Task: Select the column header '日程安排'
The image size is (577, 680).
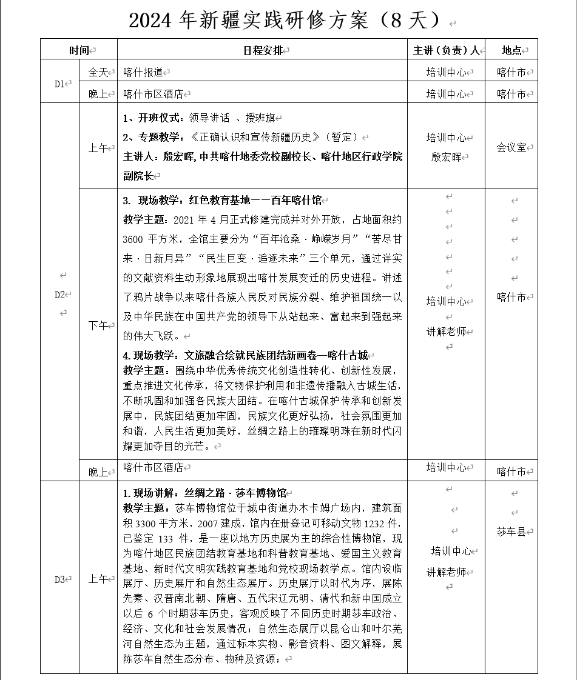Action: pyautogui.click(x=262, y=50)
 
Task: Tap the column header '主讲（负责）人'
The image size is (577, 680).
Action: pyautogui.click(x=446, y=50)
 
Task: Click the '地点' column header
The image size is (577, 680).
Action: pyautogui.click(x=511, y=50)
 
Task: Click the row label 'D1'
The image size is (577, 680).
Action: pyautogui.click(x=59, y=84)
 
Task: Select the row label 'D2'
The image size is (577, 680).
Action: pyautogui.click(x=59, y=295)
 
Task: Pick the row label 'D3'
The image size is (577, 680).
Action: pyautogui.click(x=59, y=579)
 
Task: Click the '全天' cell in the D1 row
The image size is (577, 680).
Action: pyautogui.click(x=98, y=73)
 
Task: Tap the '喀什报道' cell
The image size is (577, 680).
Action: pyautogui.click(x=143, y=73)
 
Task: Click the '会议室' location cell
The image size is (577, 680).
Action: pyautogui.click(x=511, y=147)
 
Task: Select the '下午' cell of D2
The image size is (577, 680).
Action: pyautogui.click(x=98, y=325)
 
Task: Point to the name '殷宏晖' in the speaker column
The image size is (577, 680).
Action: pyautogui.click(x=446, y=157)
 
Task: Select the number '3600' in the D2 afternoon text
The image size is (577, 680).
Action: pyautogui.click(x=133, y=239)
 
